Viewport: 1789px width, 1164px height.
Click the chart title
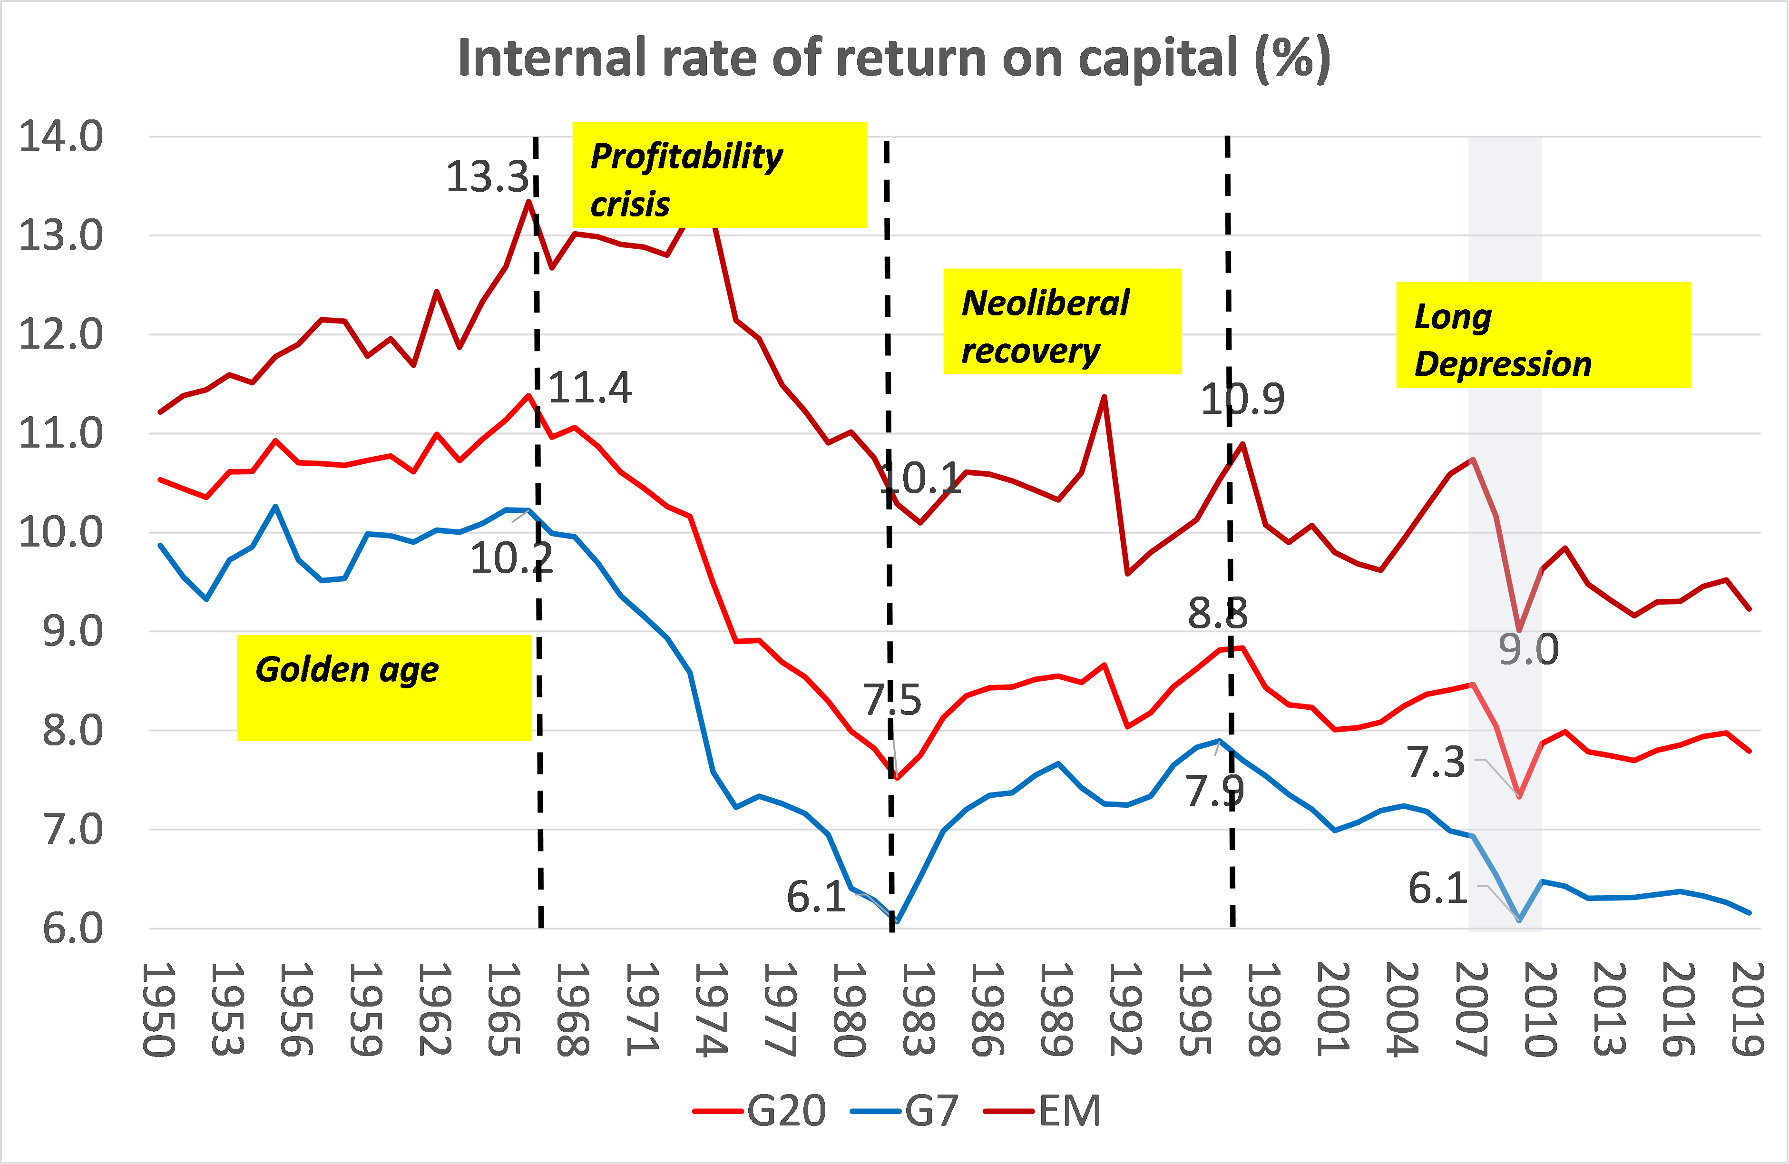(894, 58)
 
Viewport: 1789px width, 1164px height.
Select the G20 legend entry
(759, 1111)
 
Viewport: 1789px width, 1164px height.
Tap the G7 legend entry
(905, 1111)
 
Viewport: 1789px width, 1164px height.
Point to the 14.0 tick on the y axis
(60, 137)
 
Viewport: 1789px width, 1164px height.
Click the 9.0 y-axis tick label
(71, 632)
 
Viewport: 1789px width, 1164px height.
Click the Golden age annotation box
(384, 687)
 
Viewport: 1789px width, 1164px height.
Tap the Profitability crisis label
(719, 175)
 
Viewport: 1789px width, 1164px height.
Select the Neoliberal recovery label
(1062, 321)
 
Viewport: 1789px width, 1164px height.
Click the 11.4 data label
(590, 388)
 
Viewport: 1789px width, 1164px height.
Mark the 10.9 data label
(1242, 399)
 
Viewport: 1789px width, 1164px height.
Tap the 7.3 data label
(1436, 763)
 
